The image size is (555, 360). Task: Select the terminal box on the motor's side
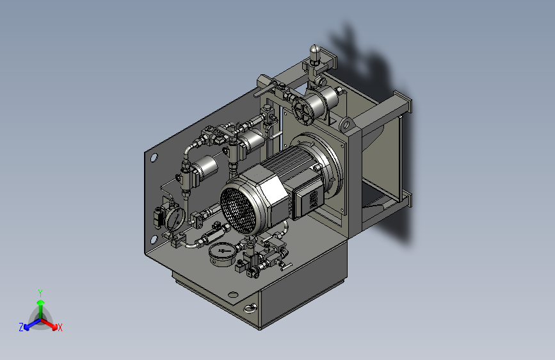coord(309,200)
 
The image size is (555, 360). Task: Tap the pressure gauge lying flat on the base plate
coord(222,254)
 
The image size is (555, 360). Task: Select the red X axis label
coord(60,328)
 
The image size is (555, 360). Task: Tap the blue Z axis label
coord(21,327)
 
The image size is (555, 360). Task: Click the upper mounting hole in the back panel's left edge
coord(154,158)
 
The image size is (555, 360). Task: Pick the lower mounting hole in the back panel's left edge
coord(154,240)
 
